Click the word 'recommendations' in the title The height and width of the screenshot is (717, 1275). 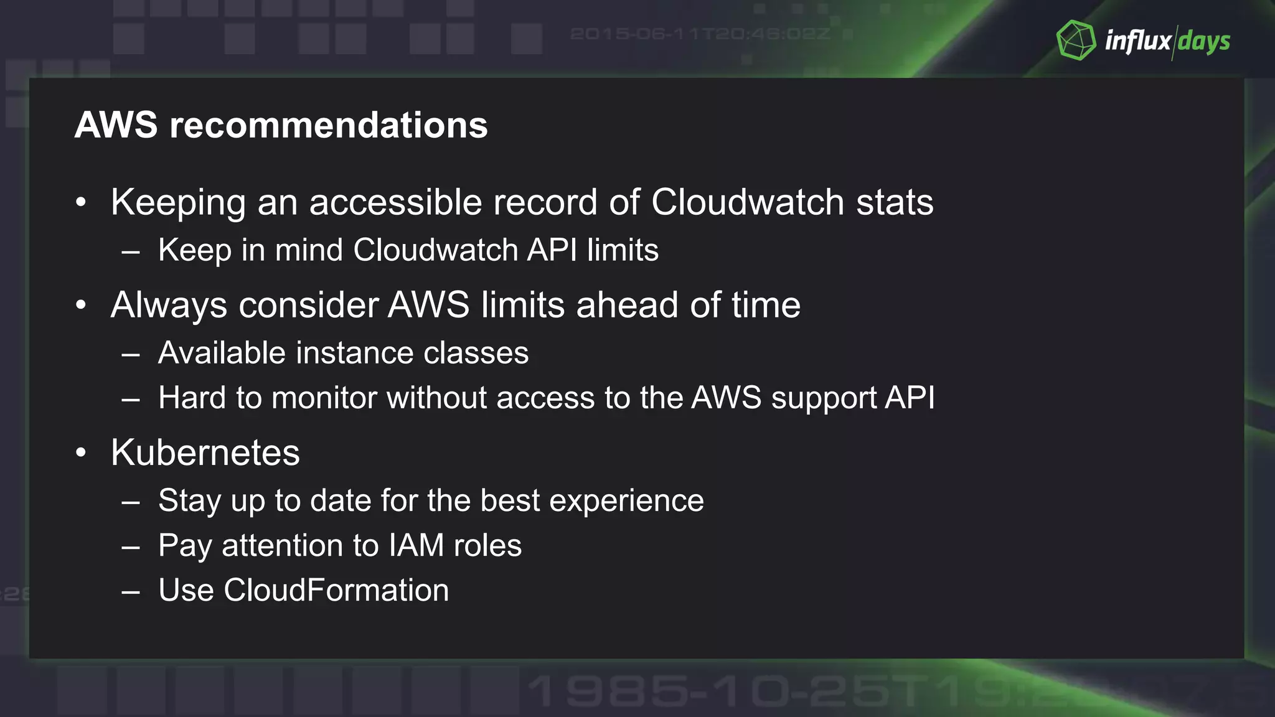[329, 125]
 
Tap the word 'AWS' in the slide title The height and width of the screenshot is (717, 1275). [116, 125]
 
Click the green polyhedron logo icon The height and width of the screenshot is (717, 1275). [1076, 40]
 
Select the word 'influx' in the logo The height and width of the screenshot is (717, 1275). [1137, 41]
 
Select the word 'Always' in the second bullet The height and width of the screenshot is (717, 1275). [169, 306]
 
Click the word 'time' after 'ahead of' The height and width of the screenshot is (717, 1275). [766, 305]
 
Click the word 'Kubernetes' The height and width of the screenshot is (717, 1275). [205, 452]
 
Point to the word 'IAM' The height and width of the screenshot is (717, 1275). [416, 546]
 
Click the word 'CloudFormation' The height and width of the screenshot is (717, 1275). [336, 590]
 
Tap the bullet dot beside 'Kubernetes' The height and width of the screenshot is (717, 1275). [81, 453]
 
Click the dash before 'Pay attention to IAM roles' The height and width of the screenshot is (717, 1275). [131, 548]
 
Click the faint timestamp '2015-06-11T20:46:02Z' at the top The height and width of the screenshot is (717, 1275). [700, 34]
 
